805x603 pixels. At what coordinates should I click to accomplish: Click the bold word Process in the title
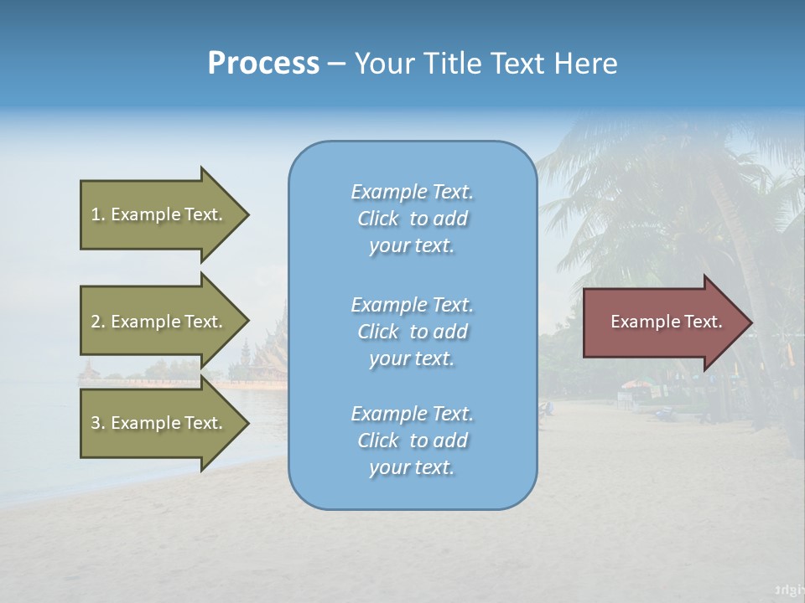(263, 63)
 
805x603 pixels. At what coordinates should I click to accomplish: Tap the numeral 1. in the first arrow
(98, 214)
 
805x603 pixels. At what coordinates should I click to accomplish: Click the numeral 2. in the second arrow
(98, 322)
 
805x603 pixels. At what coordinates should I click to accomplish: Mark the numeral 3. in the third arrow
(98, 423)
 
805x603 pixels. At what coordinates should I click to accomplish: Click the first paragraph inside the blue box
(412, 219)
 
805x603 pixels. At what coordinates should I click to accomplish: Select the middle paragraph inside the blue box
(412, 332)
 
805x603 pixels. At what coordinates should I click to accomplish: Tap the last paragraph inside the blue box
(412, 441)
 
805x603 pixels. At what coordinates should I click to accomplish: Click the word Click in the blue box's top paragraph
(378, 219)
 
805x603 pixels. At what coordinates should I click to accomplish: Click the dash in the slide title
(336, 64)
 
